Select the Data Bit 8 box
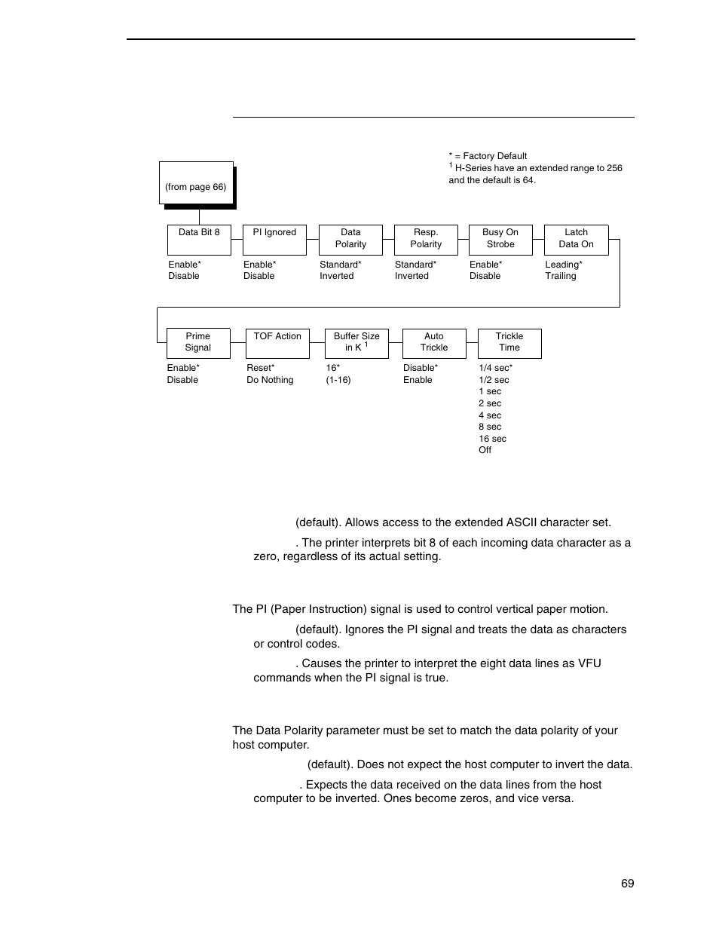pos(199,240)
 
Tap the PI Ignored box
pos(274,240)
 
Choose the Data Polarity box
pos(350,240)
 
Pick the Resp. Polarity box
pos(426,240)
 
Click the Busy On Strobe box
pos(500,240)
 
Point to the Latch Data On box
pos(576,240)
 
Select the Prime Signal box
pos(197,343)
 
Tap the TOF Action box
pos(277,343)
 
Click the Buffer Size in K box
pos(356,343)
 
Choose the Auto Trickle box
pos(434,343)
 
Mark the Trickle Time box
pos(509,343)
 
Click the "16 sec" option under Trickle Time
pos(492,439)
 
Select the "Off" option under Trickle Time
pos(485,450)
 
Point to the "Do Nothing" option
pos(270,380)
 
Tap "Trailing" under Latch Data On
pos(560,276)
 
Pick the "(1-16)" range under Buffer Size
pos(338,380)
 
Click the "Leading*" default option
pos(563,265)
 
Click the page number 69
pos(628,884)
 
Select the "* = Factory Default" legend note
pos(488,156)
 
